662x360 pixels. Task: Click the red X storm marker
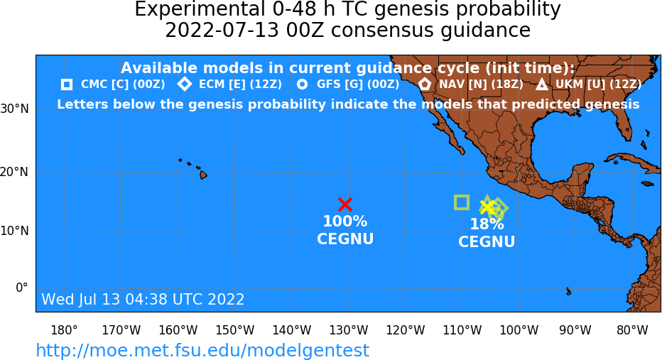[x=345, y=204]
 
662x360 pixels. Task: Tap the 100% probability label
[x=345, y=221]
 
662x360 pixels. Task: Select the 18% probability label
[x=487, y=224]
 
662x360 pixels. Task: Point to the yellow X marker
[x=487, y=207]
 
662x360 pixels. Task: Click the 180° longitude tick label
[x=64, y=329]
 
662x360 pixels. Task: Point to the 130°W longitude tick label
[x=348, y=329]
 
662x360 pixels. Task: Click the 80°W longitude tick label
[x=632, y=329]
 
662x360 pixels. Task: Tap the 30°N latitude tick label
[x=14, y=109]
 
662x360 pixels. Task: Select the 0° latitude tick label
[x=21, y=288]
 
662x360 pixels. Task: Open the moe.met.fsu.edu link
[x=202, y=350]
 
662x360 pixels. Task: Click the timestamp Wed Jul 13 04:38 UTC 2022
[x=143, y=299]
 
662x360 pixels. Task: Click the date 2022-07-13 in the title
[x=222, y=31]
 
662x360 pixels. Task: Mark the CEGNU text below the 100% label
[x=345, y=239]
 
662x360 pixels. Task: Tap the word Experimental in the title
[x=198, y=10]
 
